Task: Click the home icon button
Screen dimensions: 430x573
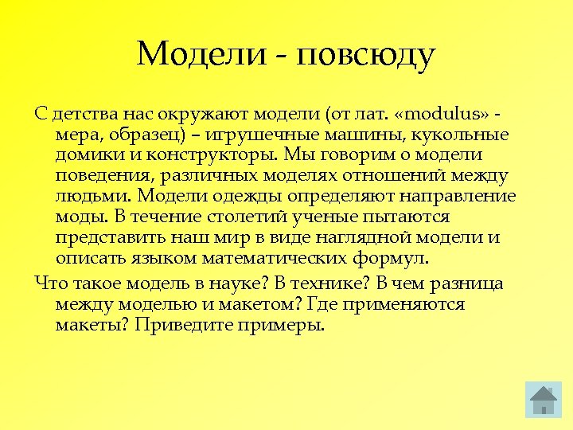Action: coord(544,400)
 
